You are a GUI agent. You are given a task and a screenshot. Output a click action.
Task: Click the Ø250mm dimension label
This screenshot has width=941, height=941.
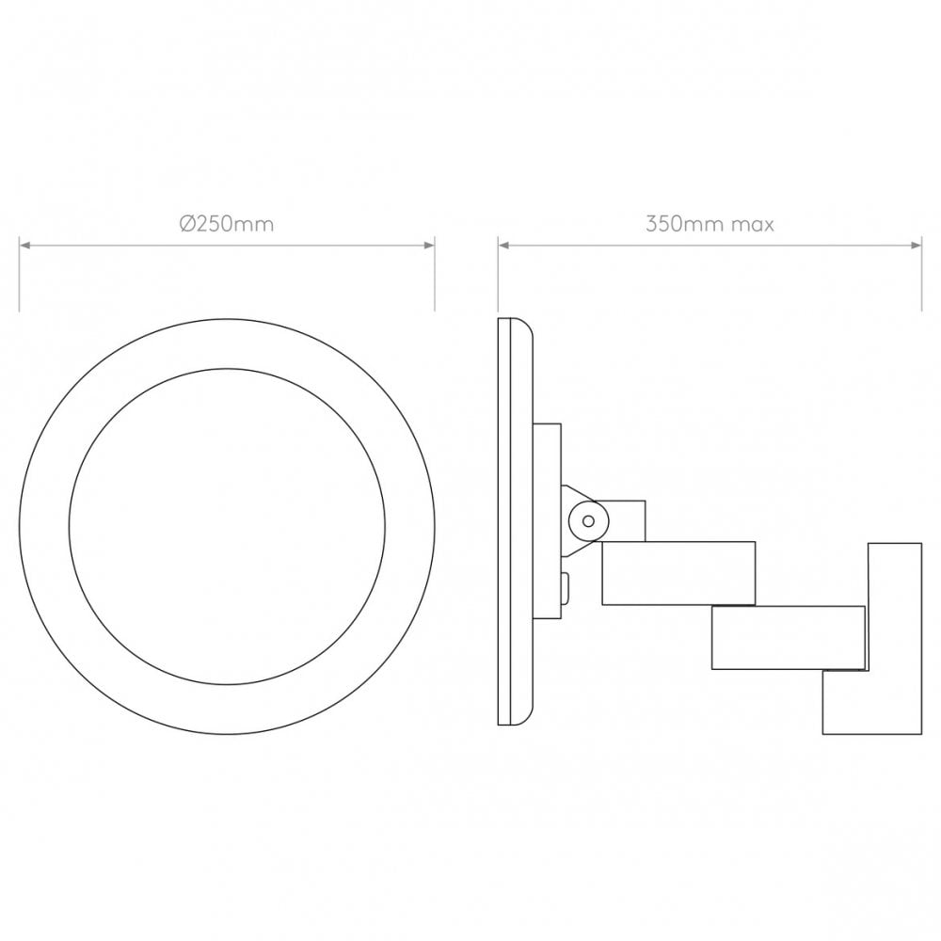point(227,224)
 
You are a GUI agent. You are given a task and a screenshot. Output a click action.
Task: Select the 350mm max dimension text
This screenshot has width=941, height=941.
point(710,224)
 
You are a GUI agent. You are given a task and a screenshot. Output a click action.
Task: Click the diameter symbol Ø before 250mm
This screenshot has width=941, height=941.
point(186,224)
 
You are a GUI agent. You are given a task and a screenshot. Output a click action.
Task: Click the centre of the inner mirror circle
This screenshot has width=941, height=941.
point(227,526)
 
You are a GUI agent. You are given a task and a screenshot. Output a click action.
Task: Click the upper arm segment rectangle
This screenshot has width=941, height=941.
point(678,572)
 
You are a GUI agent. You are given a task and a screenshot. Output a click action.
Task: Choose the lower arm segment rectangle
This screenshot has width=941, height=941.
point(788,637)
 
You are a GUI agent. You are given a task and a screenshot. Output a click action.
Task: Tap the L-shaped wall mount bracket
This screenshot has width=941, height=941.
point(894,640)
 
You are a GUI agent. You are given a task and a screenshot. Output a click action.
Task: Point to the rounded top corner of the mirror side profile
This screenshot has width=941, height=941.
point(528,327)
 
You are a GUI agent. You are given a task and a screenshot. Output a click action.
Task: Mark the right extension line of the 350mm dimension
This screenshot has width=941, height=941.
point(921,278)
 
